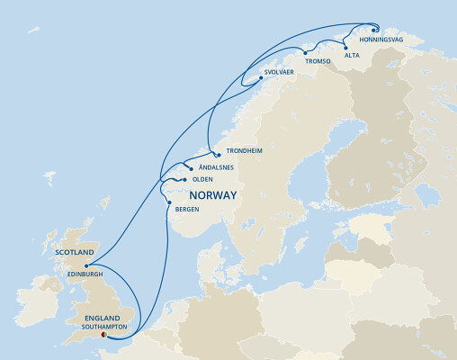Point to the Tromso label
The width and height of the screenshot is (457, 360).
(318, 61)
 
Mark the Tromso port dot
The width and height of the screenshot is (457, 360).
(305, 53)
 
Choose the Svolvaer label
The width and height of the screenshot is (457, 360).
(281, 70)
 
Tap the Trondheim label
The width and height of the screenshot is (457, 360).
(244, 150)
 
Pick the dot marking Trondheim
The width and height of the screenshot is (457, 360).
(218, 155)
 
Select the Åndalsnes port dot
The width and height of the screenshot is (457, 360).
(189, 166)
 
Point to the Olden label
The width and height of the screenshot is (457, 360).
(202, 179)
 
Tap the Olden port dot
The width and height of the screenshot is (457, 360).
(184, 180)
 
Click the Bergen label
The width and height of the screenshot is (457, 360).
(188, 210)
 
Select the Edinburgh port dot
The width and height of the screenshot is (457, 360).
(86, 266)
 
